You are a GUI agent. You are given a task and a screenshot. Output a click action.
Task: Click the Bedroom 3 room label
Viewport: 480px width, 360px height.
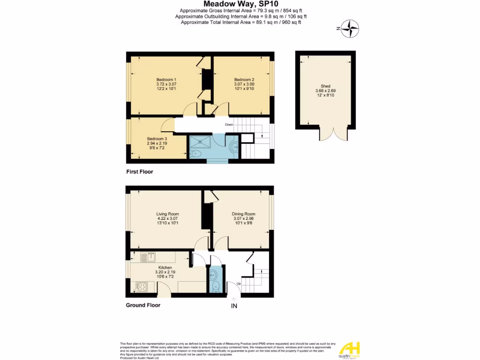pos(157,139)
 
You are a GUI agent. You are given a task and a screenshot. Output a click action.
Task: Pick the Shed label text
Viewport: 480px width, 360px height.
pos(326,86)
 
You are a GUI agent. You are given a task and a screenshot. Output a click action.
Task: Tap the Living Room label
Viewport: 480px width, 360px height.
pos(168,214)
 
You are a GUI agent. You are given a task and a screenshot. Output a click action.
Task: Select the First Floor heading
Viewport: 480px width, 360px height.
pos(140,172)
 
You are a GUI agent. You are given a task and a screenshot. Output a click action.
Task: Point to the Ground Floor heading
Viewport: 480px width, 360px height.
pos(143,305)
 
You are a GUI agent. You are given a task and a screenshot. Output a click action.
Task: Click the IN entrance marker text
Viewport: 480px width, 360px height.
pos(234,307)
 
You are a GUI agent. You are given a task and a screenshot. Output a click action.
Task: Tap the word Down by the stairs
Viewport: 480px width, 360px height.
pos(229,125)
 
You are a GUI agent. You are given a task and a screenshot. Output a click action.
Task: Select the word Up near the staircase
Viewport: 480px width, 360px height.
pos(238,284)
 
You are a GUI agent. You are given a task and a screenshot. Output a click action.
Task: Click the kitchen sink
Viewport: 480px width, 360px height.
pos(151,256)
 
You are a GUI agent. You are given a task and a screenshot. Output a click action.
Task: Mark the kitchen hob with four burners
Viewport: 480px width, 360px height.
pos(142,286)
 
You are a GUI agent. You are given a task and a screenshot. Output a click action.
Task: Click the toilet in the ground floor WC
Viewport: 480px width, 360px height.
pos(215,285)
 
